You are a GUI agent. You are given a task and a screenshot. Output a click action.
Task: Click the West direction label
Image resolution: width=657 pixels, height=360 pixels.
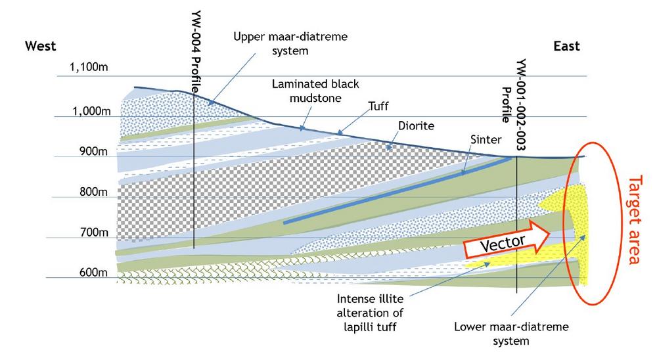click(x=40, y=46)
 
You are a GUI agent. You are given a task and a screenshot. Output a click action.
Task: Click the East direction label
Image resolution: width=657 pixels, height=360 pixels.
click(x=566, y=46)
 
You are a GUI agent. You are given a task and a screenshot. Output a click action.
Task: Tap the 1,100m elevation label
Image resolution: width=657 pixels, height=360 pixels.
click(x=89, y=66)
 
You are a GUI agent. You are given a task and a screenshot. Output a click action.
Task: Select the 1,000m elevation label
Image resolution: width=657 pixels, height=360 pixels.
click(x=91, y=111)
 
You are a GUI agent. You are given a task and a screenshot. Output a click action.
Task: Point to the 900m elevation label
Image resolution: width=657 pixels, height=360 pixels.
click(x=93, y=151)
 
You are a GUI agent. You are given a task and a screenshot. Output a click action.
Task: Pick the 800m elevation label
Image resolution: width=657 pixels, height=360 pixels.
click(x=93, y=192)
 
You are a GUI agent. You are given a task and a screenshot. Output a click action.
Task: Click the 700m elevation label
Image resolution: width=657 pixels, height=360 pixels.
click(x=94, y=232)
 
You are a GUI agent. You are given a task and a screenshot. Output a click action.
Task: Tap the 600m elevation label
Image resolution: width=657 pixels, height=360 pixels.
click(x=93, y=273)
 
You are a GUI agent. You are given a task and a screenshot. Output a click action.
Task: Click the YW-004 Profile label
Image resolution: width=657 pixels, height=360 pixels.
click(x=196, y=52)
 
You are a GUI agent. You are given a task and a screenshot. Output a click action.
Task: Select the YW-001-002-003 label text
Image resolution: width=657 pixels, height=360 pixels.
click(x=521, y=104)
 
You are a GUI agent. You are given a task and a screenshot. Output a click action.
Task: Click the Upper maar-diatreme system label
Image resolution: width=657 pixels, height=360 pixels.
click(x=290, y=43)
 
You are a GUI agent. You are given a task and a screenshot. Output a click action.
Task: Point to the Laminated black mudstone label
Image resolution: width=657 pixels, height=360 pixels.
click(x=315, y=91)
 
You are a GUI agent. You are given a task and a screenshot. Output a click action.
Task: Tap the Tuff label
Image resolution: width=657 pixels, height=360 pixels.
click(x=378, y=106)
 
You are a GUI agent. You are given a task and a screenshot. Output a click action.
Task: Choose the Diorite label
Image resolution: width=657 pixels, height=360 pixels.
click(x=416, y=125)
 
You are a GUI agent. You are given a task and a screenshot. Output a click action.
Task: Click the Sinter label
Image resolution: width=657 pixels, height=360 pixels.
click(x=486, y=139)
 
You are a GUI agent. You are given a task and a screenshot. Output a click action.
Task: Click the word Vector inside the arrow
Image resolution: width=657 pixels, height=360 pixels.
click(x=503, y=244)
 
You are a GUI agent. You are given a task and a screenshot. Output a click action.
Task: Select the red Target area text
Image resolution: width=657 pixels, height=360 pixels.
click(x=635, y=219)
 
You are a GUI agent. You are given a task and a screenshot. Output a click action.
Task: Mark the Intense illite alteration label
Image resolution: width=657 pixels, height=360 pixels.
click(x=370, y=313)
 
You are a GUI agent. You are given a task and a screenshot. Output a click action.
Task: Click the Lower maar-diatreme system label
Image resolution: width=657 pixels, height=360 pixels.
click(x=511, y=334)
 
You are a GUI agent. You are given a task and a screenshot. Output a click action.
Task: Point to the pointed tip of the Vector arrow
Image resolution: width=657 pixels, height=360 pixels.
click(x=550, y=235)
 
